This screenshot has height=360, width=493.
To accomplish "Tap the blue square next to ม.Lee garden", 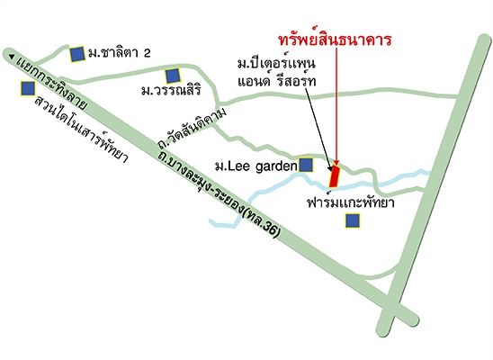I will (306, 165).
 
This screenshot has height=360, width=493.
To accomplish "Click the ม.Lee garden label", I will (256, 166).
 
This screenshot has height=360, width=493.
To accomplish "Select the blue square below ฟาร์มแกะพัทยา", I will (350, 219).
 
